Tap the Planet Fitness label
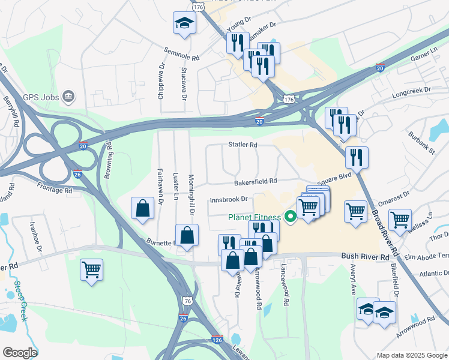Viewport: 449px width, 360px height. [255, 217]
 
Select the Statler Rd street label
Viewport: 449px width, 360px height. [243, 145]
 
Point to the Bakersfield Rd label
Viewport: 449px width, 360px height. [256, 181]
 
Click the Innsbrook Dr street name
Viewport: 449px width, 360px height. [229, 199]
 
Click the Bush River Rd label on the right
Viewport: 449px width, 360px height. [366, 256]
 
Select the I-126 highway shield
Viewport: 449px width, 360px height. [217, 340]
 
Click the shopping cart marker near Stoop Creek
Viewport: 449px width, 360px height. [92, 269]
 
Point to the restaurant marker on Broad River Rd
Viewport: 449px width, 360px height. [357, 157]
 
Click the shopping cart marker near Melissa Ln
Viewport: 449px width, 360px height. [400, 220]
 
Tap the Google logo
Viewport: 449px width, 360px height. [20, 353]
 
